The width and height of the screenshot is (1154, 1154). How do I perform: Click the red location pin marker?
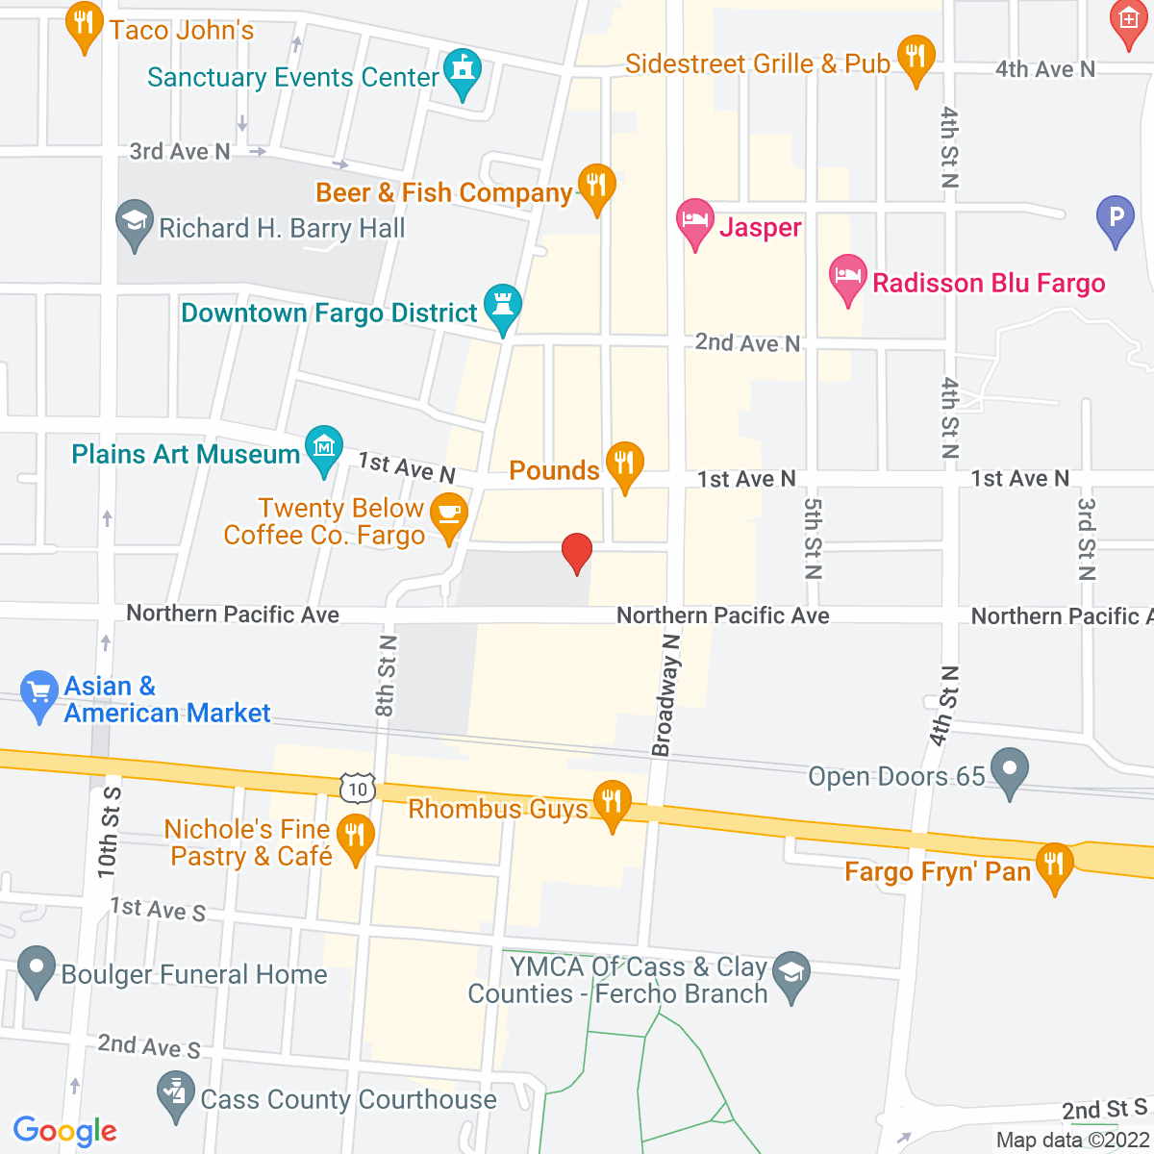pyautogui.click(x=576, y=552)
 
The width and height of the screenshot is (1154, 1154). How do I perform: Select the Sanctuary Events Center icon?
pyautogui.click(x=463, y=73)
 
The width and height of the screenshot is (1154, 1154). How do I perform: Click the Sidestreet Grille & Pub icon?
pyautogui.click(x=916, y=58)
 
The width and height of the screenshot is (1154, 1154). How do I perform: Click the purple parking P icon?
pyautogui.click(x=1116, y=218)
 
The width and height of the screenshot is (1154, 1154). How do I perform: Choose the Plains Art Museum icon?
pyautogui.click(x=324, y=448)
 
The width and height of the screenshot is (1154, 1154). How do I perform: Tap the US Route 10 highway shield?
pyautogui.click(x=357, y=790)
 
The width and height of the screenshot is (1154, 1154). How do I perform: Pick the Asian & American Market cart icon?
pyautogui.click(x=38, y=693)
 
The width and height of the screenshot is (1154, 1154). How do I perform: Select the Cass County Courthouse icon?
pyautogui.click(x=175, y=1094)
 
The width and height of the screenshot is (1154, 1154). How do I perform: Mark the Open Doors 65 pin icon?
pyautogui.click(x=1009, y=771)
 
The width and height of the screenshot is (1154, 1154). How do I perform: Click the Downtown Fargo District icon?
pyautogui.click(x=502, y=307)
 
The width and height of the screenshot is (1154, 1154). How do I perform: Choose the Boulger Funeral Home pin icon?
pyautogui.click(x=38, y=969)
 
